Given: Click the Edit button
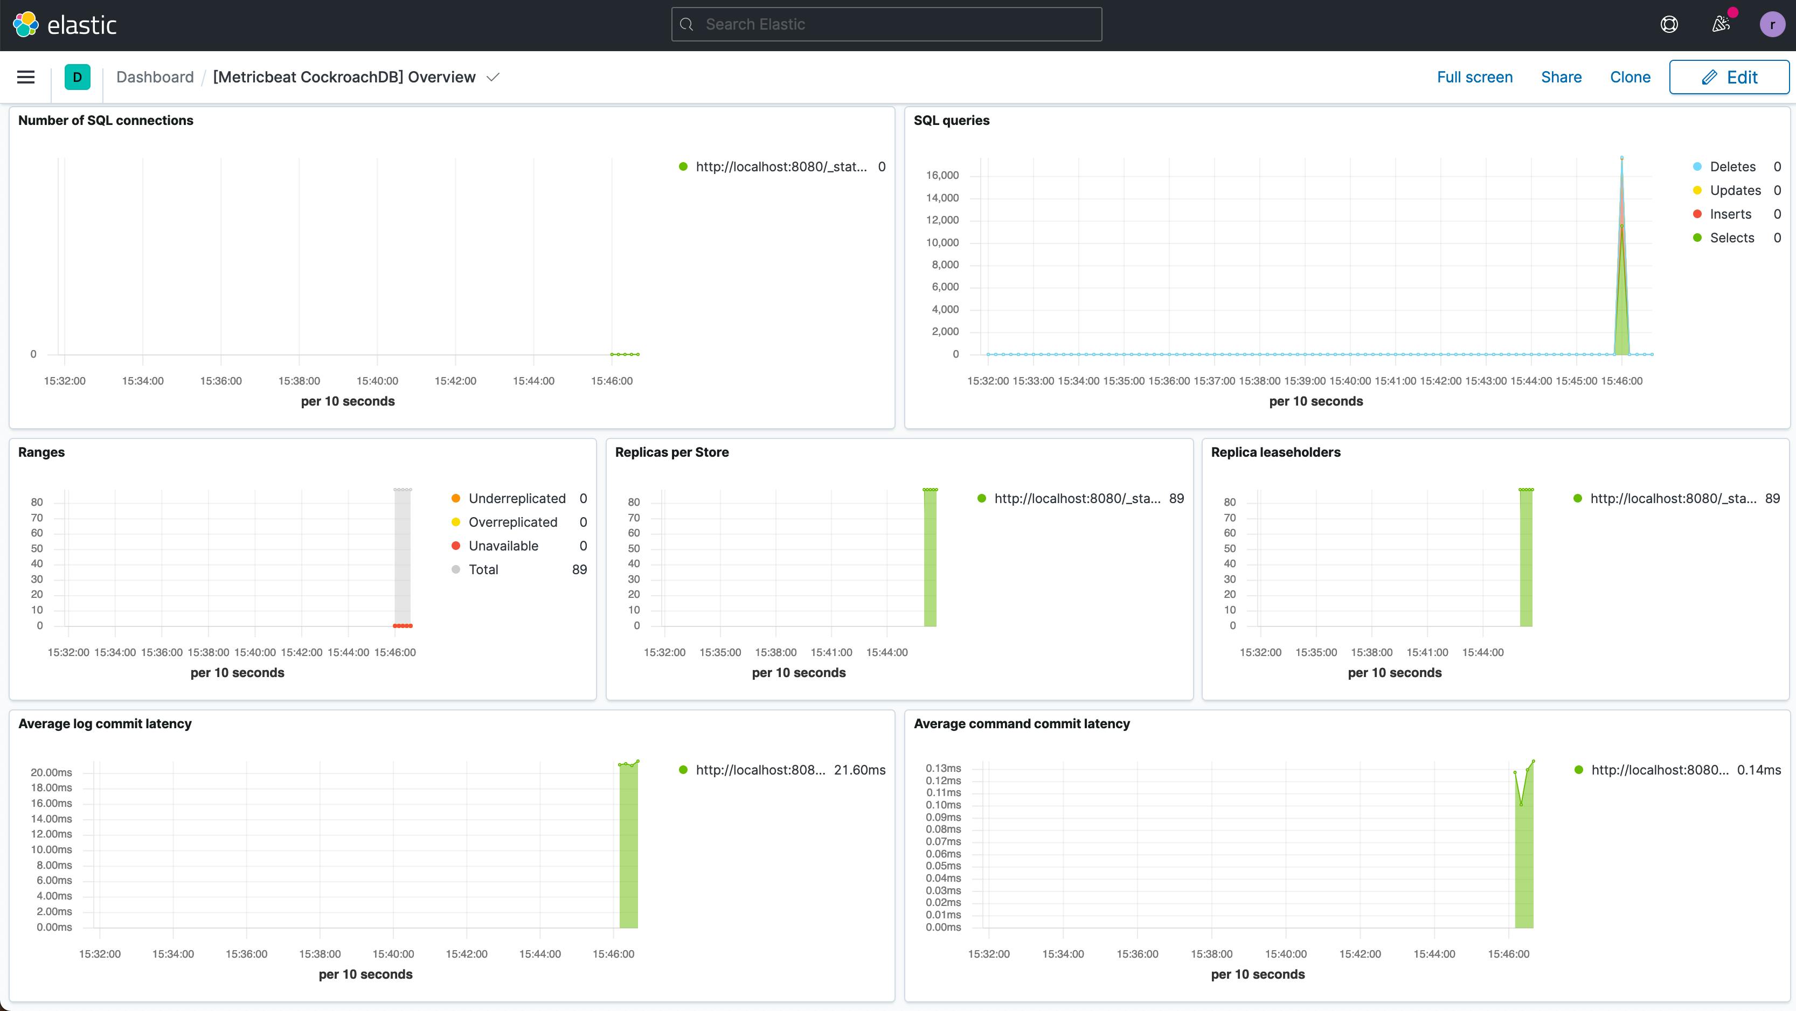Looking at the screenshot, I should click(x=1729, y=78).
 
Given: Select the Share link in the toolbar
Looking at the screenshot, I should click(x=1561, y=78).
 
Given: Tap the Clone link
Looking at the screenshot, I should click(x=1629, y=78).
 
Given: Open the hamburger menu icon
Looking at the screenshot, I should click(x=26, y=78).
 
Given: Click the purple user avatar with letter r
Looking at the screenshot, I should click(x=1772, y=24).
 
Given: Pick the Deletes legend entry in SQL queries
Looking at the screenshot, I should click(x=1732, y=166).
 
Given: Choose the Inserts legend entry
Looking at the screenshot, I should click(x=1730, y=214).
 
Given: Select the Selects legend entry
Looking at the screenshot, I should click(x=1731, y=238).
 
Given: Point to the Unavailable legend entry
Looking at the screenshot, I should click(x=503, y=546).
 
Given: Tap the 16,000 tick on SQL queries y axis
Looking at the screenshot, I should click(x=942, y=176).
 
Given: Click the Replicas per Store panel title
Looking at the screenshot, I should click(x=671, y=452).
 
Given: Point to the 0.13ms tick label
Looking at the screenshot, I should click(x=942, y=768).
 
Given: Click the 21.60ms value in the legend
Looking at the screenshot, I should click(x=859, y=770).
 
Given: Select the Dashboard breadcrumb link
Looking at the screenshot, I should click(x=155, y=78).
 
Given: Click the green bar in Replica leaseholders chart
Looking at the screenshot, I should click(x=1525, y=557).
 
